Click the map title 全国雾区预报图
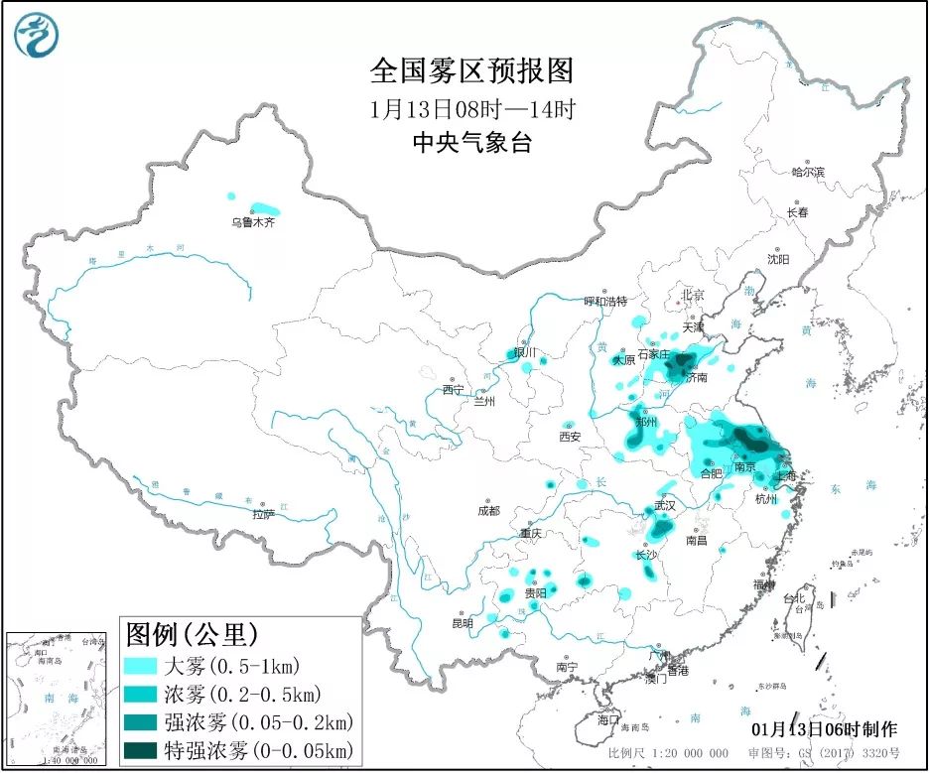[x=471, y=71]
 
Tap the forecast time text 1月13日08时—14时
[x=471, y=108]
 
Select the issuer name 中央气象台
[x=471, y=144]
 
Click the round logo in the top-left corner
[x=37, y=36]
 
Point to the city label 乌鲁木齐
[x=252, y=223]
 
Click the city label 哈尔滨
[x=807, y=173]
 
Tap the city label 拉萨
[x=262, y=514]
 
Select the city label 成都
[x=487, y=511]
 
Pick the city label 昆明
[x=463, y=623]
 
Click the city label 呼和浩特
[x=605, y=301]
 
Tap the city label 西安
[x=569, y=436]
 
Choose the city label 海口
[x=607, y=719]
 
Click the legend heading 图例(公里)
[x=192, y=633]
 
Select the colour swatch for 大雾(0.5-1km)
[x=142, y=666]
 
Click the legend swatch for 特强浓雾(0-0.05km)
[x=142, y=749]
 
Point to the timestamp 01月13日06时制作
[x=826, y=729]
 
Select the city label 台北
[x=795, y=599]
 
